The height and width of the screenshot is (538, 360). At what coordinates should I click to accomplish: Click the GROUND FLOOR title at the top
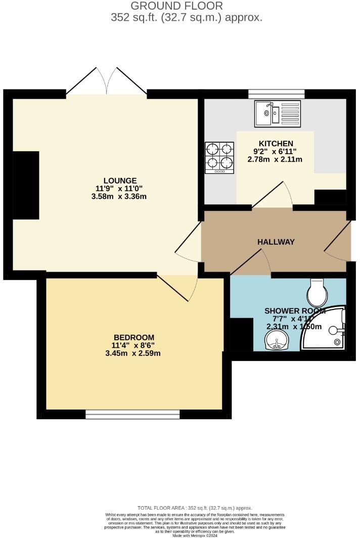[176, 6]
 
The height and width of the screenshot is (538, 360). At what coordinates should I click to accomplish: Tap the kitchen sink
[278, 113]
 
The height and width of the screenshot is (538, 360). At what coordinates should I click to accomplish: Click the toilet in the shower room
[318, 290]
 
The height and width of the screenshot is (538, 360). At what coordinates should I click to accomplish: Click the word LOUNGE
[120, 181]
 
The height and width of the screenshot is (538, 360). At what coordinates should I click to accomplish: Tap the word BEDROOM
[133, 337]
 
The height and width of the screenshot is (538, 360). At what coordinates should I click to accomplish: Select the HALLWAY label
[276, 242]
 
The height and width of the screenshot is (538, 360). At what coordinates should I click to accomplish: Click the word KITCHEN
[276, 143]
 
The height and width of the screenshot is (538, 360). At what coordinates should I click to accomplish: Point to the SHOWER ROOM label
[294, 310]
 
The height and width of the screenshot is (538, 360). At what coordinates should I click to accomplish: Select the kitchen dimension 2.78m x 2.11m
[275, 159]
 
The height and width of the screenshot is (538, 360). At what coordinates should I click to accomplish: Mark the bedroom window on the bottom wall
[132, 415]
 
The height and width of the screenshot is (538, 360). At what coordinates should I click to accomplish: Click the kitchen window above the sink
[276, 94]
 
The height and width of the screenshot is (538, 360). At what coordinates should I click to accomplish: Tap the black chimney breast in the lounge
[26, 185]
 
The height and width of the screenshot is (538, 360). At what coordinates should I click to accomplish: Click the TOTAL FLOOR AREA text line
[195, 508]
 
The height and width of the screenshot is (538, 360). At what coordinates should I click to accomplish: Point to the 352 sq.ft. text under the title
[187, 17]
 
